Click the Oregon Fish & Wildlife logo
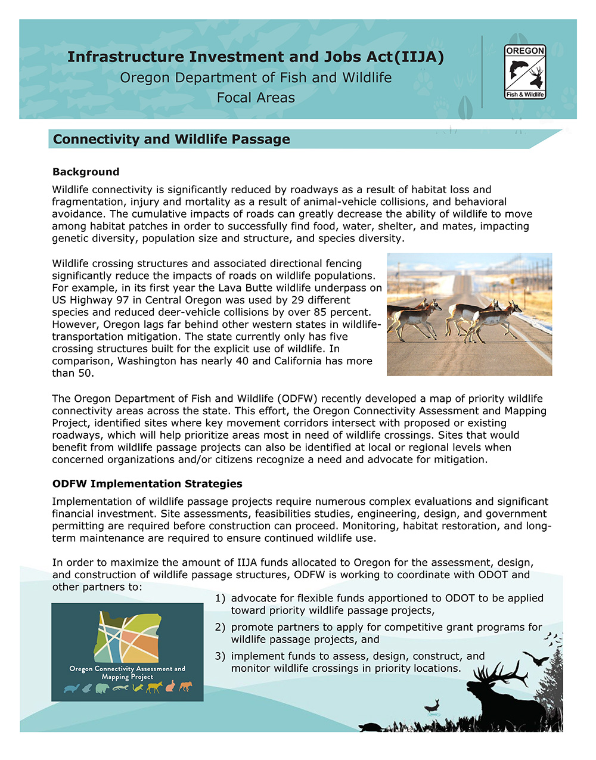coord(525,72)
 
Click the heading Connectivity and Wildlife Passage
coord(171,139)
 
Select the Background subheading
coord(86,172)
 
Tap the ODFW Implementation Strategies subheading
coord(147,484)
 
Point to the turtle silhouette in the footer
coord(371,727)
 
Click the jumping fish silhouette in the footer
coord(432,706)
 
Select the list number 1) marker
coord(220,598)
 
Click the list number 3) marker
coord(220,656)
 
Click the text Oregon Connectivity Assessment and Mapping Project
coord(128,673)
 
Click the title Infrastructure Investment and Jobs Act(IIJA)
coord(255,57)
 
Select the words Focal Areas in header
coord(256,98)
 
